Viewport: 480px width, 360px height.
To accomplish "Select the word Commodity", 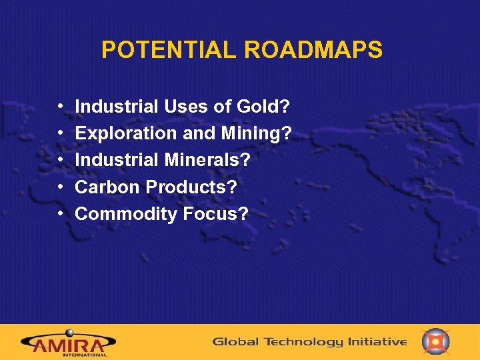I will [119, 214].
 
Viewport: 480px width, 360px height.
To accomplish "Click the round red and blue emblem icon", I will [436, 341].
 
